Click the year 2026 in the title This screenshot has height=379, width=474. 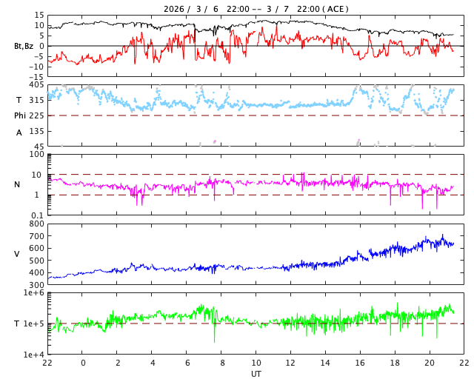pos(175,9)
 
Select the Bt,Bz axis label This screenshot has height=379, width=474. pos(24,46)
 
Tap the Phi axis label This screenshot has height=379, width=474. pos(21,115)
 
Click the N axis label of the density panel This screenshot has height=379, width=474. pos(18,184)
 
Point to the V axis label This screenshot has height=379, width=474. pos(18,254)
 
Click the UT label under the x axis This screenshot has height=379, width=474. pos(256,374)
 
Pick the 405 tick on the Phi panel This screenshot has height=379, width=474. pos(36,85)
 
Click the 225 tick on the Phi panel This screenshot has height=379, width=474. pos(36,115)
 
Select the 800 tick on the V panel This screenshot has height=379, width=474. pos(36,224)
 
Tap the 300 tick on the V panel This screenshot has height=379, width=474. pos(36,285)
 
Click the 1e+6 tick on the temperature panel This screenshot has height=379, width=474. pos(34,294)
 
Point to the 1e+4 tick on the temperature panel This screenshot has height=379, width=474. pos(34,355)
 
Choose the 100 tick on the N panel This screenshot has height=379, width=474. pos(36,155)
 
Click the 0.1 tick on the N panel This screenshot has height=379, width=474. pos(37,215)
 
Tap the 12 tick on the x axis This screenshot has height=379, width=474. pos(290,363)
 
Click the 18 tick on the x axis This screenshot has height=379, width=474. pos(395,363)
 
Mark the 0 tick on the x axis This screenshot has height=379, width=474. pos(83,363)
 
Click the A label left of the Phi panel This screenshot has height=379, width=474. pos(19,133)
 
